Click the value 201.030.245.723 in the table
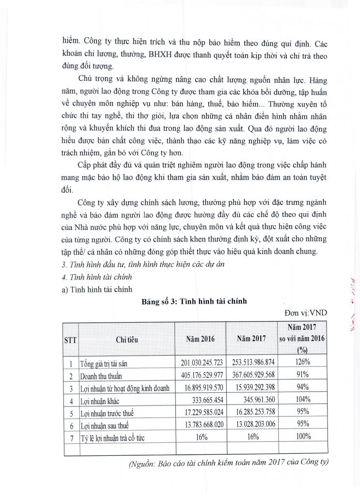[198, 362]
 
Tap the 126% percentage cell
[303, 362]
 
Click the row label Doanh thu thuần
[102, 375]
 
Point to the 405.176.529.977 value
[198, 375]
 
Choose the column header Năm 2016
[200, 339]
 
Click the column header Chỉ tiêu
[126, 340]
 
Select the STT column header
[71, 340]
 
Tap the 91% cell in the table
[303, 375]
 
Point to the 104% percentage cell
[303, 401]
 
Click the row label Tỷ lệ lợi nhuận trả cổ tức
[113, 438]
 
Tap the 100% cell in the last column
[303, 438]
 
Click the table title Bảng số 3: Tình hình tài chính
[194, 301]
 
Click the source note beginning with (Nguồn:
[228, 464]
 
